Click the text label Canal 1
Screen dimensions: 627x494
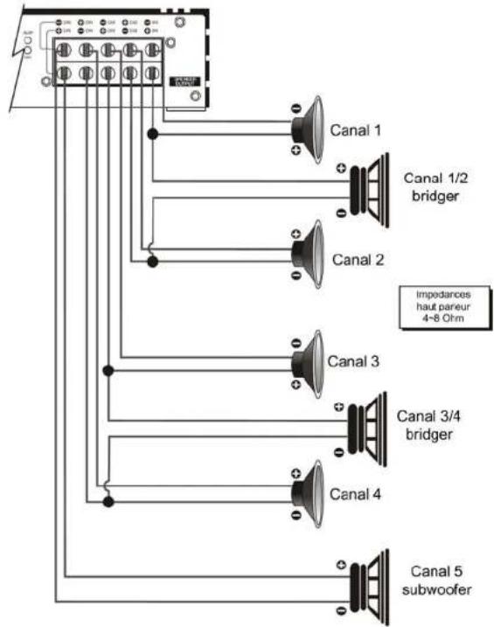tap(356, 131)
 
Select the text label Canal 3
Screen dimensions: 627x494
tap(353, 360)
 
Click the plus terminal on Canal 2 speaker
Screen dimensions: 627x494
tap(296, 233)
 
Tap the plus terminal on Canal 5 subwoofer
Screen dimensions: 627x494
tap(339, 564)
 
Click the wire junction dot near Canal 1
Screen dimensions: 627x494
tap(153, 134)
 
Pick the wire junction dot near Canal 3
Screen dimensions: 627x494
tap(108, 371)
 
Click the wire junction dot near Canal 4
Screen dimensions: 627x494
tap(108, 501)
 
